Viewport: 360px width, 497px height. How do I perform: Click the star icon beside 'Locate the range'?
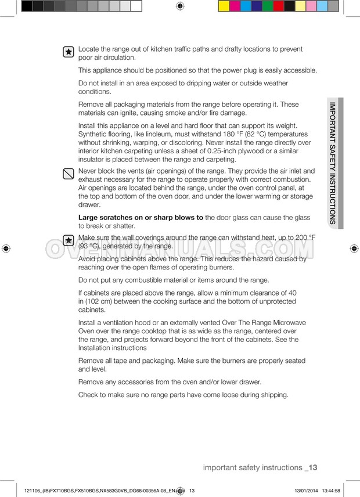coord(68,52)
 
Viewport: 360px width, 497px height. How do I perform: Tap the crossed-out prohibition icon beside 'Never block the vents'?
coord(68,174)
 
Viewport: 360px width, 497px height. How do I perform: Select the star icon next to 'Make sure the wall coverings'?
coord(68,240)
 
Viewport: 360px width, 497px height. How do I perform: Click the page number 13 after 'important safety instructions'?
coord(312,467)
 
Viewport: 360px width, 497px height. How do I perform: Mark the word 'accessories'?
coord(126,382)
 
